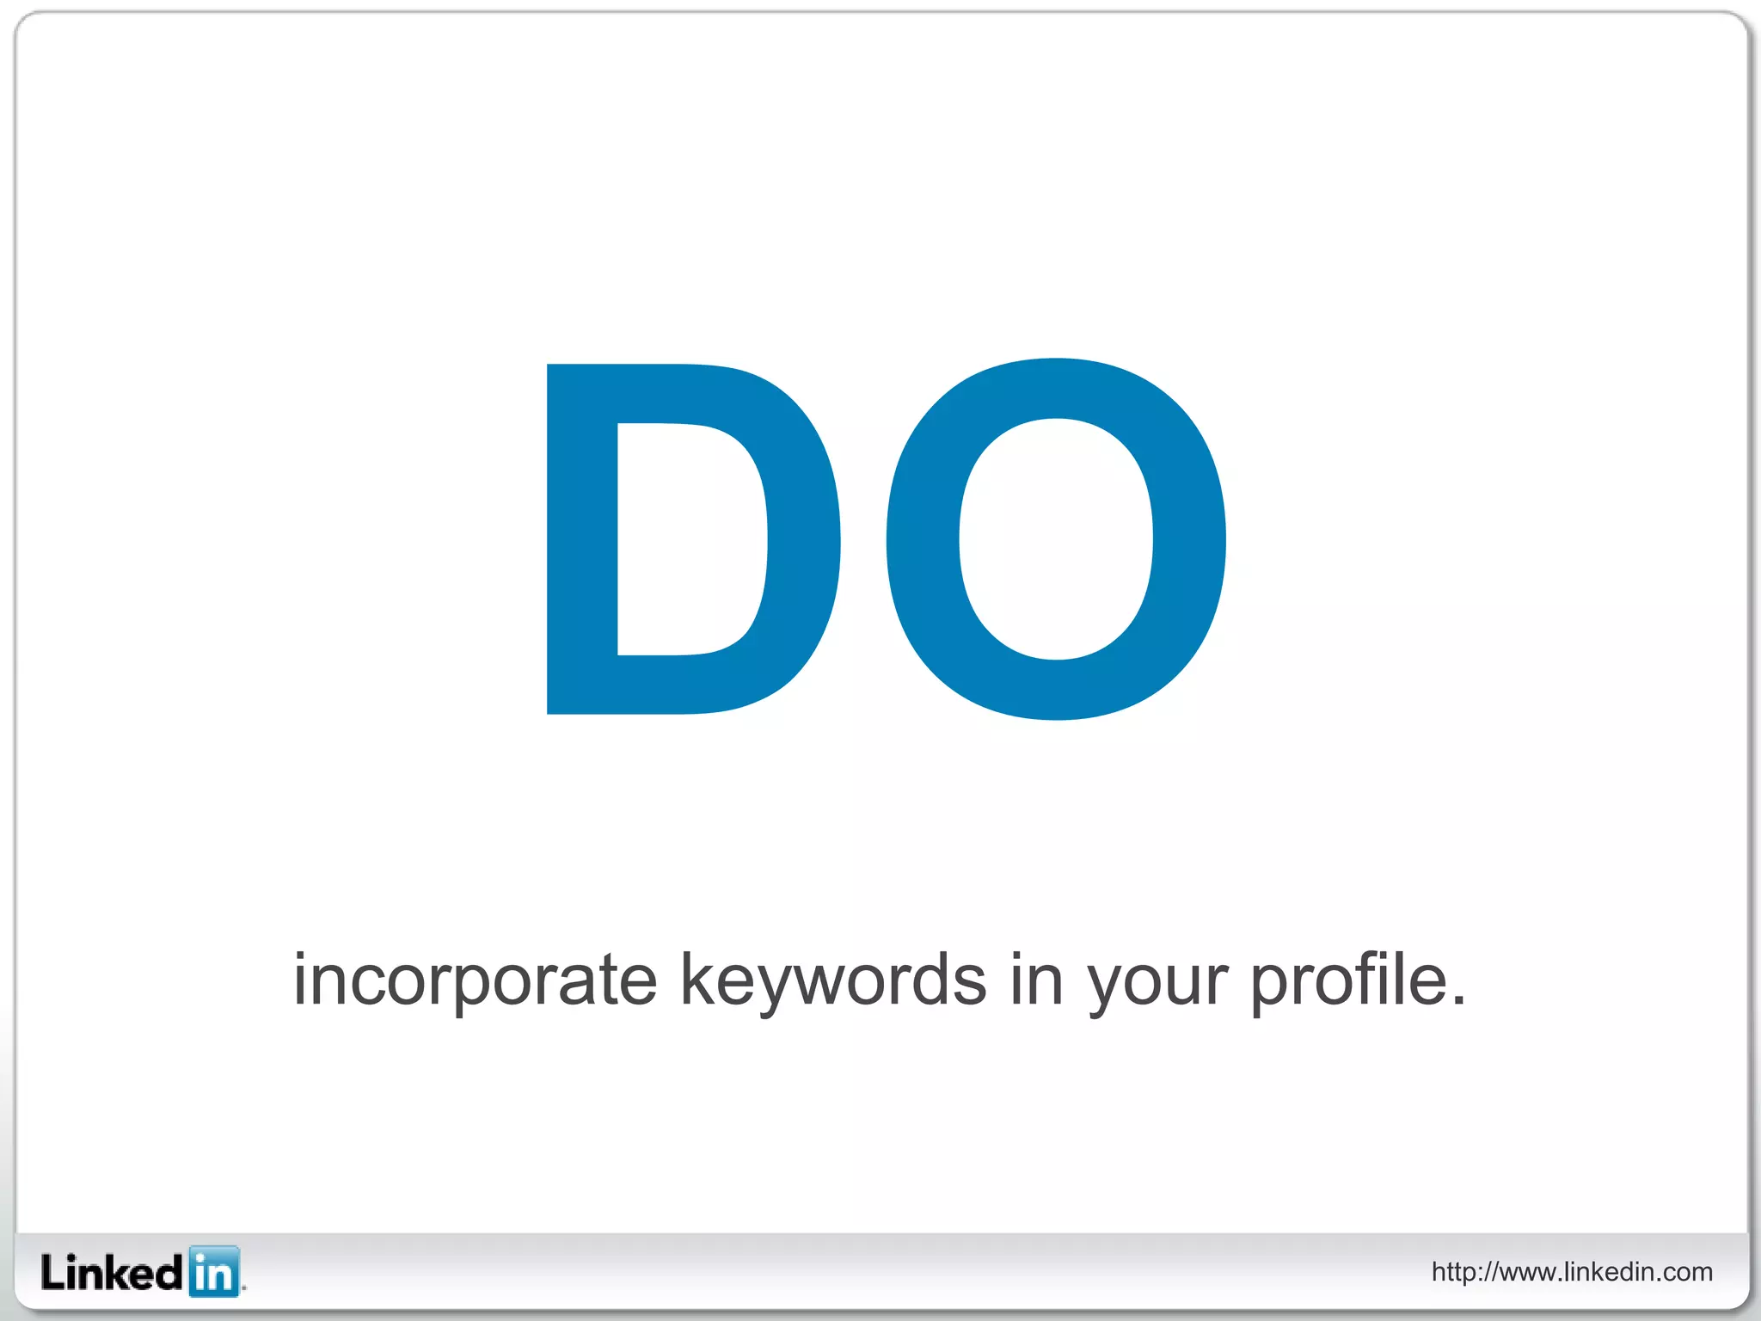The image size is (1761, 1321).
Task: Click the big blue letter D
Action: click(581, 539)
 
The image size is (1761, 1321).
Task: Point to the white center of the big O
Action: click(1056, 539)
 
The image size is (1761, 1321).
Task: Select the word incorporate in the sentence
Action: click(476, 980)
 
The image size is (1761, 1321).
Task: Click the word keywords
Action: click(832, 980)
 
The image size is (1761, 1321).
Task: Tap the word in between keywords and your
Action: click(1036, 980)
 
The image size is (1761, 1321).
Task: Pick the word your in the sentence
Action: click(1157, 985)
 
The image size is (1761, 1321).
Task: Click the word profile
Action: click(1347, 980)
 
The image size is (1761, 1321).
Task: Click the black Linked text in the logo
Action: click(112, 1273)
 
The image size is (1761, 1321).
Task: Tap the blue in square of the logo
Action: click(213, 1271)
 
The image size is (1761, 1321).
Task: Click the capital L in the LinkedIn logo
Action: click(52, 1272)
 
